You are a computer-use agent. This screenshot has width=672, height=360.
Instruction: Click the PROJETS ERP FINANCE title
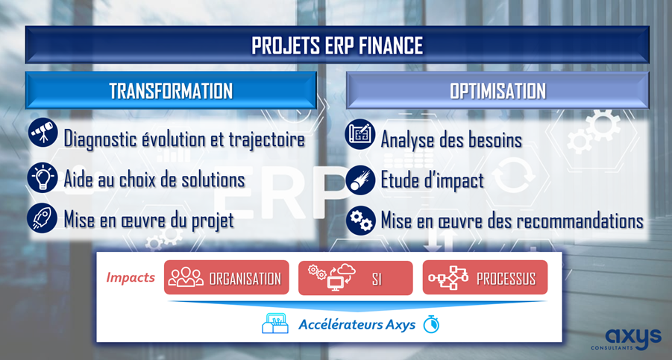coord(337,45)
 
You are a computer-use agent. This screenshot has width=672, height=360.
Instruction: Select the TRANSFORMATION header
coord(171,91)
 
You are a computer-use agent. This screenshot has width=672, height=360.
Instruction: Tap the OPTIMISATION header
coord(497,91)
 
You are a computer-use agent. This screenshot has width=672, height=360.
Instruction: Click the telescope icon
coord(43,133)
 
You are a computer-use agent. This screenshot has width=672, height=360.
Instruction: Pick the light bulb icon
coord(43,177)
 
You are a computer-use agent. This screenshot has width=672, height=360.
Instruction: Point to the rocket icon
coord(42,218)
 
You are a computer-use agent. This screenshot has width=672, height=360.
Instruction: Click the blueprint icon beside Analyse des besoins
coord(360,134)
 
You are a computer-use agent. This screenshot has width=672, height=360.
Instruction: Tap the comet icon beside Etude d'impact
coord(360,180)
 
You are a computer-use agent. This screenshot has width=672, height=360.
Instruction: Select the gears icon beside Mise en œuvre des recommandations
coord(361,221)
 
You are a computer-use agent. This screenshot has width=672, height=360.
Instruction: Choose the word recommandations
coord(580,221)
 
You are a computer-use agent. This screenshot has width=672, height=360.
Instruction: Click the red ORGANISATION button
coord(226,277)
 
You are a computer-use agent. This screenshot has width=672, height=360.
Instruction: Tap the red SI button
coord(355,278)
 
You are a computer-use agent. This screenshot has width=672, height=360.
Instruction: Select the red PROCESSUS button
coord(485,277)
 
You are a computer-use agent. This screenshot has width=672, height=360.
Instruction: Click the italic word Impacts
coord(131,277)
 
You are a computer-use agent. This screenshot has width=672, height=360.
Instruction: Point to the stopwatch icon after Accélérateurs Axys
coord(431,324)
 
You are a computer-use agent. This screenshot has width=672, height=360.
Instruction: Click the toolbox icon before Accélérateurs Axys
coord(274,323)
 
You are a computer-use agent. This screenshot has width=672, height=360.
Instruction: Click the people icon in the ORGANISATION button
coord(186,277)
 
